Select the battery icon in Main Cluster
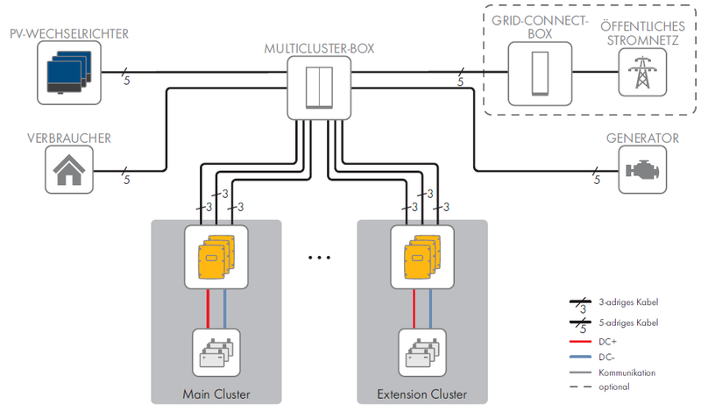click(216, 352)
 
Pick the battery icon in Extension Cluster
click(421, 352)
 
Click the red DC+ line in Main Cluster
click(207, 308)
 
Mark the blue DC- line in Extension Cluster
click(430, 308)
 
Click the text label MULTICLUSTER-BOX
click(319, 48)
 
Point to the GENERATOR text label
click(642, 138)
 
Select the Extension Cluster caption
click(421, 393)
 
